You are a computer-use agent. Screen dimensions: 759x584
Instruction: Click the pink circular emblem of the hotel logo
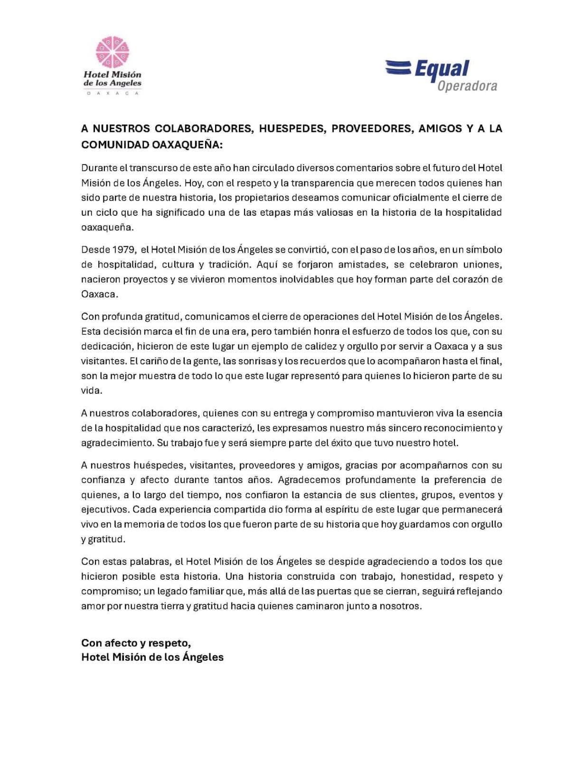point(113,52)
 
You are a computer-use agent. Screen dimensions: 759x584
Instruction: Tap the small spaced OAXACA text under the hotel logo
point(113,93)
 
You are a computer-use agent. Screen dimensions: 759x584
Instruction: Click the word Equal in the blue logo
point(442,69)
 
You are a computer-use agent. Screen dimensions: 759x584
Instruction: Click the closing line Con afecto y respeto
point(136,643)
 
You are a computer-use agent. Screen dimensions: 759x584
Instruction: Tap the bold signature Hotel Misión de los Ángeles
point(152,657)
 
